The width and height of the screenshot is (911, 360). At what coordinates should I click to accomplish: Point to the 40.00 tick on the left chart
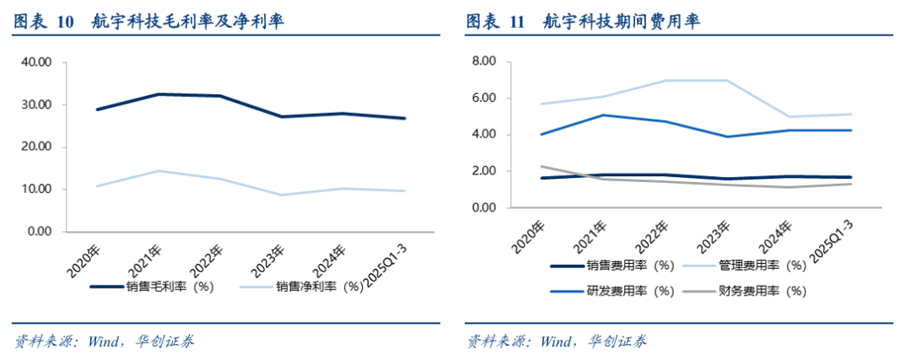36,62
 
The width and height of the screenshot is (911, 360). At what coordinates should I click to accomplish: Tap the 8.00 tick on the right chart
487,62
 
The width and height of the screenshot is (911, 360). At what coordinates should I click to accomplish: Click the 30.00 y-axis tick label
36,105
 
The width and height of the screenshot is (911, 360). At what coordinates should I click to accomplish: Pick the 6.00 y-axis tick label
487,98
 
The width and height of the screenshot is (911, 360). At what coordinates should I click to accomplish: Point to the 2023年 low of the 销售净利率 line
280,195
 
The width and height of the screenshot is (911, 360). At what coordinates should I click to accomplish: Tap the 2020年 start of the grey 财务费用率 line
542,166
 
